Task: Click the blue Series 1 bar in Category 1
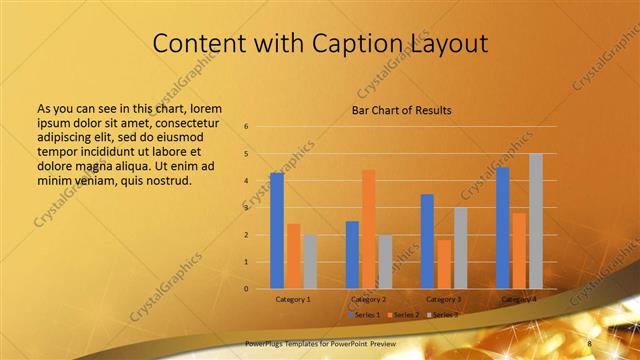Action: tap(277, 231)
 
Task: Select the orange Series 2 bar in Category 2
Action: tap(368, 229)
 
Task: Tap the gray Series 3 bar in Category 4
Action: tap(535, 221)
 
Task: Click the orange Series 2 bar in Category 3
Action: tap(443, 264)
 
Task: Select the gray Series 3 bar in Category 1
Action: tap(309, 262)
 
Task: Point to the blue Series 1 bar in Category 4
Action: tap(503, 228)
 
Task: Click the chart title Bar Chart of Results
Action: tap(400, 110)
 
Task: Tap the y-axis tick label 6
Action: tap(246, 127)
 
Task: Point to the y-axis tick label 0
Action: tap(246, 289)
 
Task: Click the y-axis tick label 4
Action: tap(246, 181)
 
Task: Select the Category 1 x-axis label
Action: tap(293, 299)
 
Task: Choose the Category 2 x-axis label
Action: tap(368, 299)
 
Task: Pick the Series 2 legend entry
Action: tap(404, 315)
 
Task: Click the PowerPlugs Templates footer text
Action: tap(294, 343)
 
